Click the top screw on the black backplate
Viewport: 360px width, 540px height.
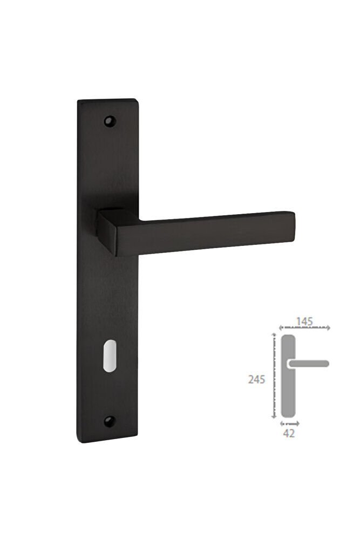pyautogui.click(x=110, y=121)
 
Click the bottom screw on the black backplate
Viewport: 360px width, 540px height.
pyautogui.click(x=110, y=421)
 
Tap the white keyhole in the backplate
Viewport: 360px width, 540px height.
pyautogui.click(x=108, y=356)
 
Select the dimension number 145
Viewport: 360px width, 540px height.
pyautogui.click(x=304, y=322)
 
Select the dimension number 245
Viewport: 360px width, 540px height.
pyautogui.click(x=257, y=380)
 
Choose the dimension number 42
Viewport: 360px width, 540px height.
pyautogui.click(x=289, y=434)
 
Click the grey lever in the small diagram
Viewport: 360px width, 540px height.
pyautogui.click(x=308, y=364)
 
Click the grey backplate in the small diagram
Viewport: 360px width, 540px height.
pyautogui.click(x=288, y=376)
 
